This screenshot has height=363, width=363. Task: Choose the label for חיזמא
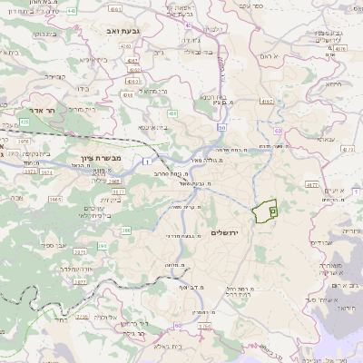332,84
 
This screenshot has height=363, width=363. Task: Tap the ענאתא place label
323,140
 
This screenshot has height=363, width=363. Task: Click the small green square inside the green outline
272,210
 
